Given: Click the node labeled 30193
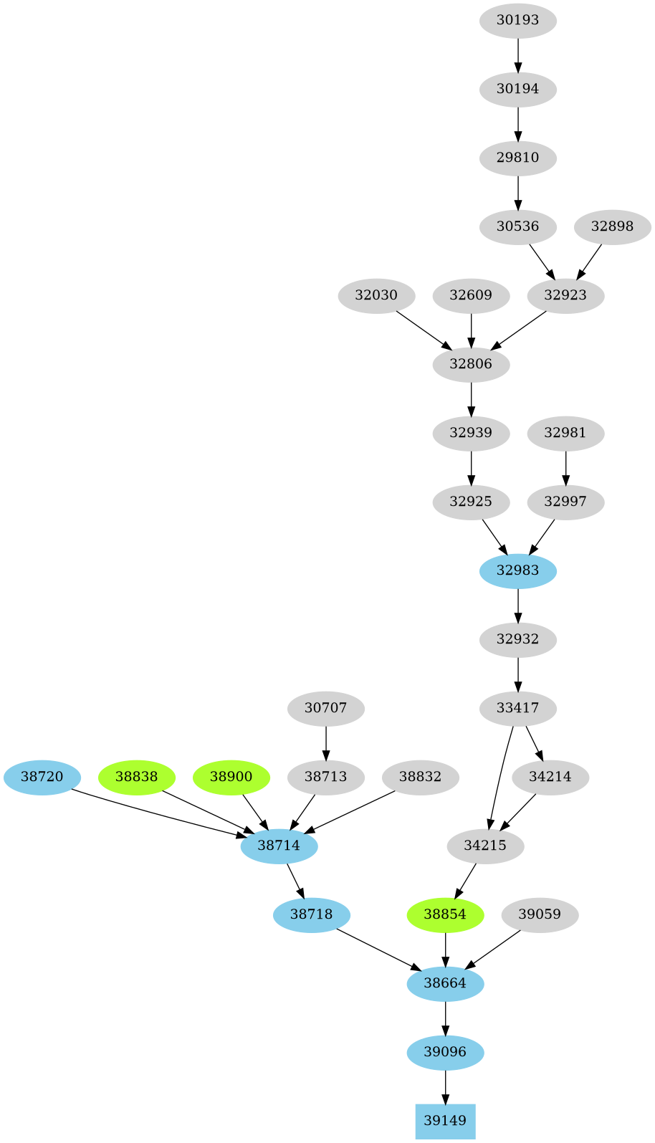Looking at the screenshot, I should pyautogui.click(x=517, y=20).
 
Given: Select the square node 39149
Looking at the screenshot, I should pyautogui.click(x=445, y=1121).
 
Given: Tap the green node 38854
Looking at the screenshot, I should pyautogui.click(x=445, y=914).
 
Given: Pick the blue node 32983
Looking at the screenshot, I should pyautogui.click(x=517, y=570).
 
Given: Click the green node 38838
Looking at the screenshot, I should pyautogui.click(x=136, y=777).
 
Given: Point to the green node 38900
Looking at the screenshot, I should pyautogui.click(x=231, y=777).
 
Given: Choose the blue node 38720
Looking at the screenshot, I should pyautogui.click(x=42, y=777).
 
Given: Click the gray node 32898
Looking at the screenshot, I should pyautogui.click(x=612, y=226).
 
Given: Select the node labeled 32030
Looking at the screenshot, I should pyautogui.click(x=376, y=295).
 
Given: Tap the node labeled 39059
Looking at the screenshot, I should pyautogui.click(x=540, y=914).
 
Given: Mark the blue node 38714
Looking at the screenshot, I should pyautogui.click(x=279, y=846).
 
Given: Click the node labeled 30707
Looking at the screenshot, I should pyautogui.click(x=325, y=708).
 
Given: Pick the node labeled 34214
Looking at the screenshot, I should pyautogui.click(x=550, y=777).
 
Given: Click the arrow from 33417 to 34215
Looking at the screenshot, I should pyautogui.click(x=499, y=777).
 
